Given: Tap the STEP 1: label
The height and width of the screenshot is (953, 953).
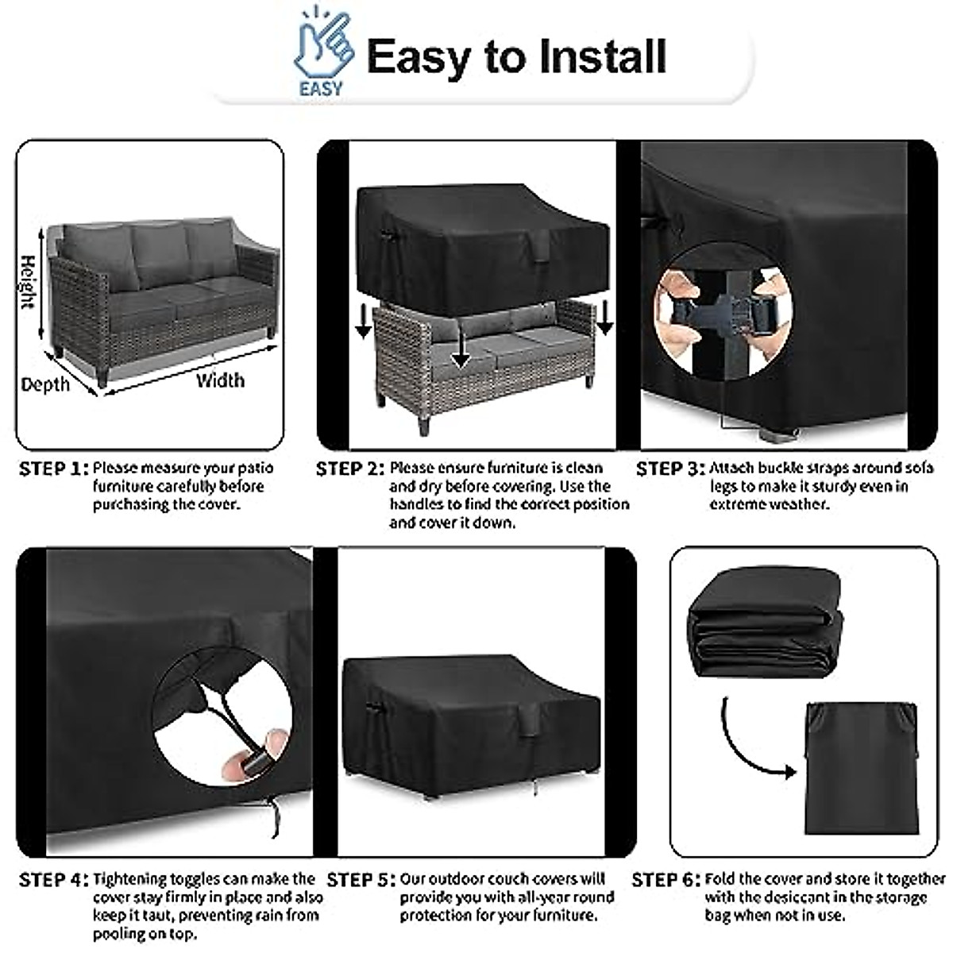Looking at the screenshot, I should [x=53, y=469].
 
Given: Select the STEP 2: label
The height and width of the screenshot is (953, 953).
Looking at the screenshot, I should [x=349, y=469].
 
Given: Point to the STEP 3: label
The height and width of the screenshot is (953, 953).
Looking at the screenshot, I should [x=670, y=469].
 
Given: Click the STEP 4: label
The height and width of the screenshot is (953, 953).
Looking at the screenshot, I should [x=53, y=880].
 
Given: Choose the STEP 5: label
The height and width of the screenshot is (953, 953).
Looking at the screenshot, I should [x=361, y=880].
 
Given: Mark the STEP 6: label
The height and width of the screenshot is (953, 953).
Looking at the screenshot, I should [x=666, y=880].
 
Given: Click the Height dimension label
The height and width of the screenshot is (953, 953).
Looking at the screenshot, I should [x=29, y=282].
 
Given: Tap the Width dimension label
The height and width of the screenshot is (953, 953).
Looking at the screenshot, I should [x=220, y=380].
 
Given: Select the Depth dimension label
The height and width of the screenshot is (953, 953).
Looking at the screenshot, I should [x=45, y=384].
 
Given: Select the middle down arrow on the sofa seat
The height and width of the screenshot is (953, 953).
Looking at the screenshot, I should [x=461, y=347].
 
